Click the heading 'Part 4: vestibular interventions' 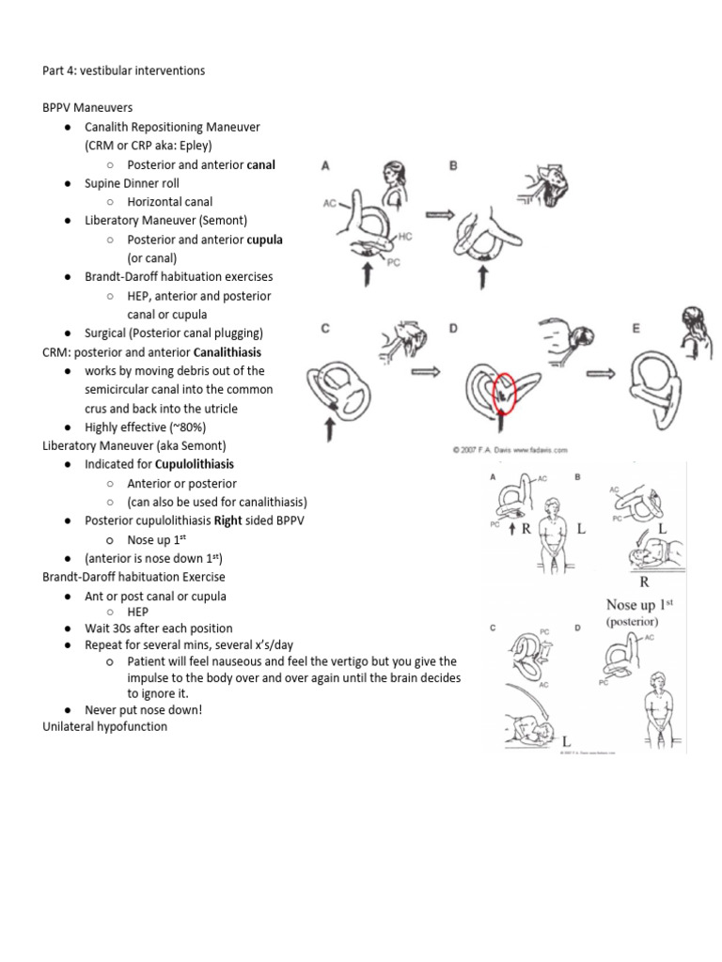click(123, 70)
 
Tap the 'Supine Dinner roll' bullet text click(132, 183)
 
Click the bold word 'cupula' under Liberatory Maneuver click(264, 240)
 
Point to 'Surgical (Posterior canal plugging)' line click(174, 333)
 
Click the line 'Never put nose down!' click(143, 709)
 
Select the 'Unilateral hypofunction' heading click(105, 727)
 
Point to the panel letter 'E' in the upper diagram click(636, 329)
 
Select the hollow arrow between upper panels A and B click(440, 214)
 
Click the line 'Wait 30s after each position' click(159, 628)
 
